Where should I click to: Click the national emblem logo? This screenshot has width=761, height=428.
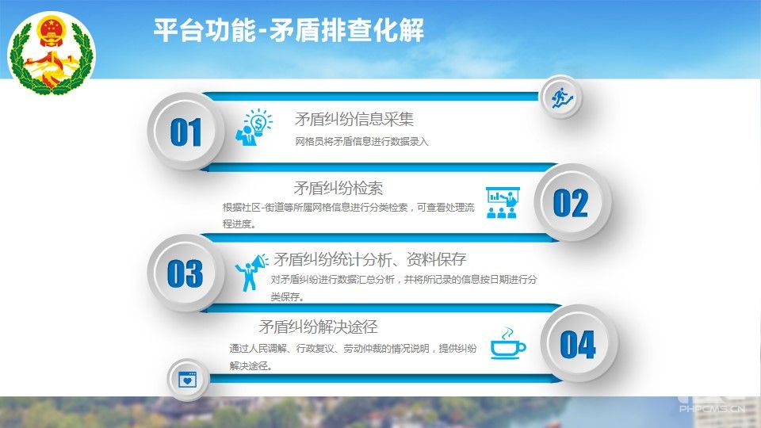[x=52, y=53]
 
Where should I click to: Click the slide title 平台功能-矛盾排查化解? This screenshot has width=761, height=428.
[x=289, y=30]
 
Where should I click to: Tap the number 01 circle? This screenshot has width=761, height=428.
[x=185, y=132]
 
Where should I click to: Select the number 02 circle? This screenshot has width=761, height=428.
[x=572, y=202]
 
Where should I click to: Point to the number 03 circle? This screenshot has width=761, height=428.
[x=185, y=273]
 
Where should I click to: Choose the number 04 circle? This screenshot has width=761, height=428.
[x=578, y=344]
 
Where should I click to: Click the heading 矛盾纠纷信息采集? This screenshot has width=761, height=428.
[x=354, y=119]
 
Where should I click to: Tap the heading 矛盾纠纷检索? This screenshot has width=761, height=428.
[x=338, y=188]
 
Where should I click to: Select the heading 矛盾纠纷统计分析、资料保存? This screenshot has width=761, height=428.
[x=370, y=260]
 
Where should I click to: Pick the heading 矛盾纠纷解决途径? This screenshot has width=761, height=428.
[x=319, y=327]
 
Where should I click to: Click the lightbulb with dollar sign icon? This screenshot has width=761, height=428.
[x=254, y=127]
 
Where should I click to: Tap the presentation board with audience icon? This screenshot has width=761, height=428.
[x=503, y=202]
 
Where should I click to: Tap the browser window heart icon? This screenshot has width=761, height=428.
[x=187, y=380]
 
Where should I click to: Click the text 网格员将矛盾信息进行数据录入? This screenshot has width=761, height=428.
[x=361, y=142]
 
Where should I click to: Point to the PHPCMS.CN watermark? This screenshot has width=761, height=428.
[x=712, y=409]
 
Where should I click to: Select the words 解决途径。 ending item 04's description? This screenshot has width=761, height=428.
[x=251, y=366]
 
